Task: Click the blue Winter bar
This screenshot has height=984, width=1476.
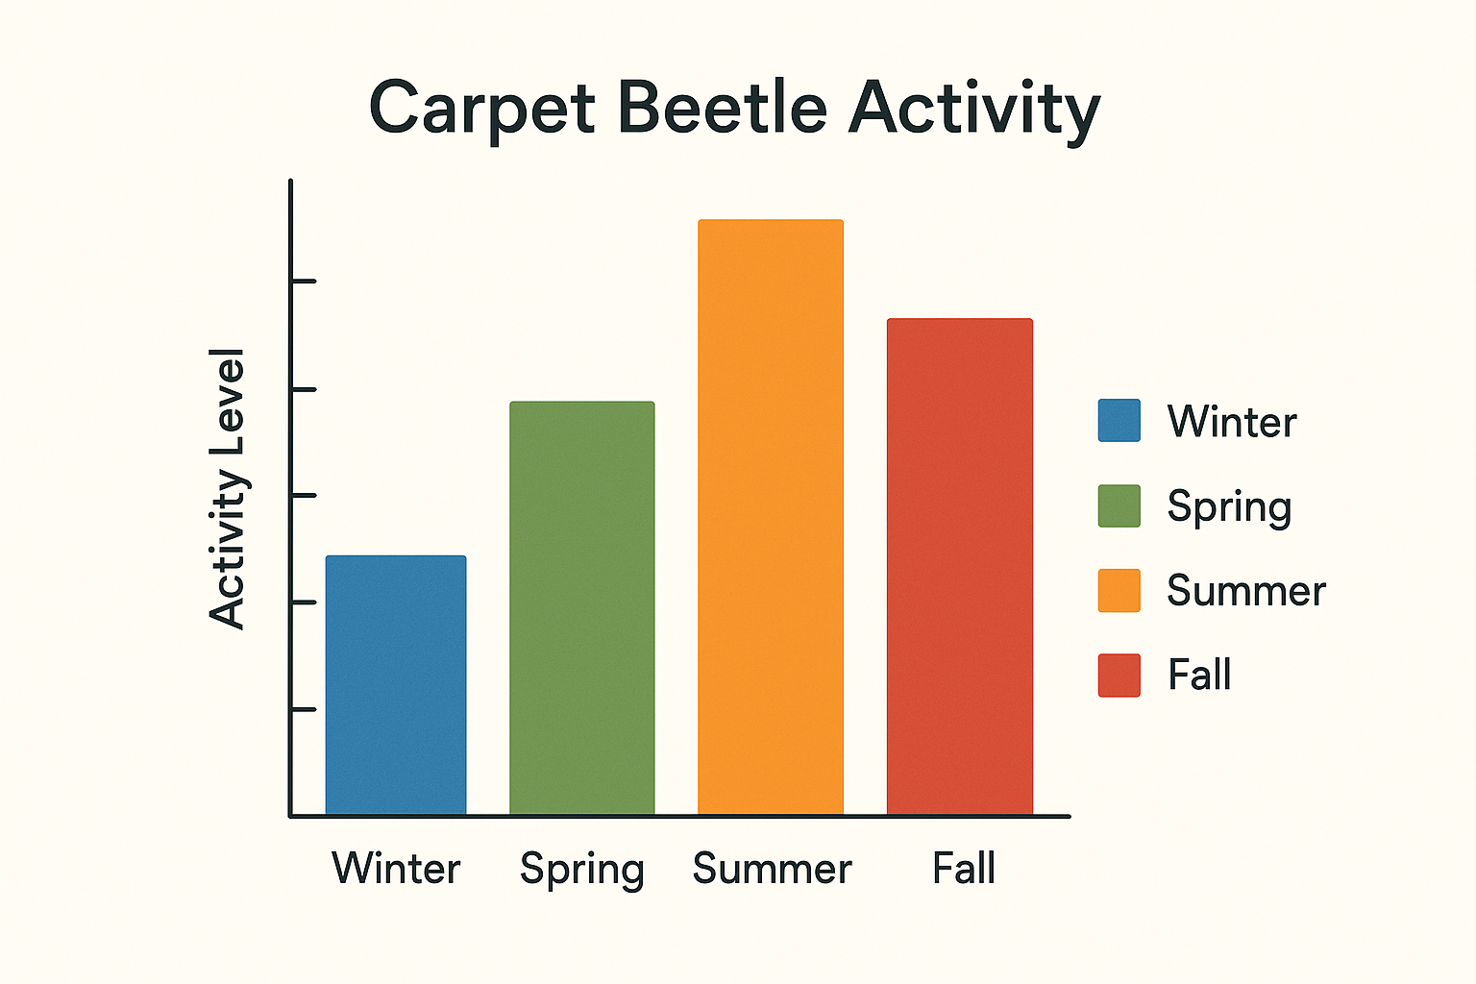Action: [396, 685]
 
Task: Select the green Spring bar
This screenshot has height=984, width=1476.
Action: [582, 608]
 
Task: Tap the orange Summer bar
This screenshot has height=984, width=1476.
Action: [771, 517]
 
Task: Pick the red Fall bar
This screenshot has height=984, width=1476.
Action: [960, 567]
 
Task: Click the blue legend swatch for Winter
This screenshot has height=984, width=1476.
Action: [1119, 421]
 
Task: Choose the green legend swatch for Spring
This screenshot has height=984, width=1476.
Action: [1119, 505]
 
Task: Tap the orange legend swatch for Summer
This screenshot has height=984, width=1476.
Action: [1119, 590]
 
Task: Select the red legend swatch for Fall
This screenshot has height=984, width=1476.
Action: [1119, 675]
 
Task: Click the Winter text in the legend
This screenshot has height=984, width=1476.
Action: [1232, 422]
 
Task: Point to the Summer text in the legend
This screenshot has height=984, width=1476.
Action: [1246, 590]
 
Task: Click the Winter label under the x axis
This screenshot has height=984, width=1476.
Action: [396, 869]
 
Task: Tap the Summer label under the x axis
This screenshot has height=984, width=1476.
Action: [772, 869]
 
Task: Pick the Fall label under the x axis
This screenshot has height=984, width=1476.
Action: [964, 869]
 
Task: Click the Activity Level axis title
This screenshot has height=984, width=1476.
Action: [229, 489]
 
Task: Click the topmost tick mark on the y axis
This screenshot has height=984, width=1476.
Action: [303, 282]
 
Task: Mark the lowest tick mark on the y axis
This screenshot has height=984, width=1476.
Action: [303, 710]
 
